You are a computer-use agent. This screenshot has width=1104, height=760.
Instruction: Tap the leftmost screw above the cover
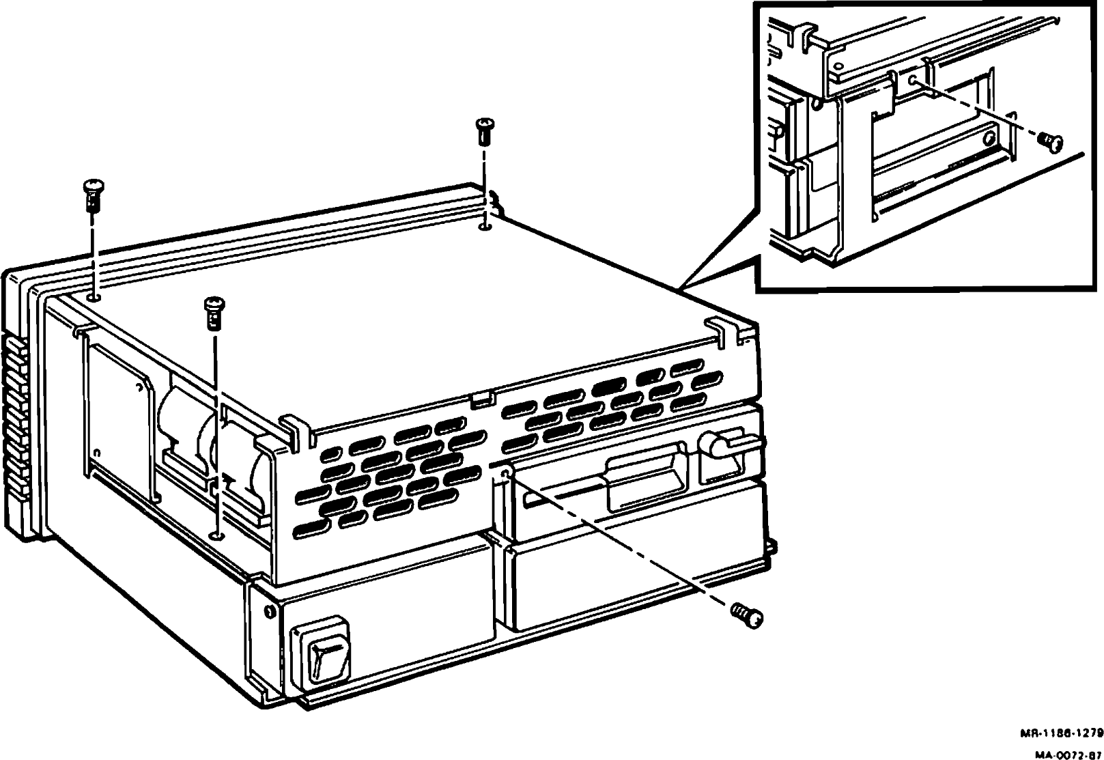point(92,194)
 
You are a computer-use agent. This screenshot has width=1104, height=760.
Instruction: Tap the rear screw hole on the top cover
point(484,225)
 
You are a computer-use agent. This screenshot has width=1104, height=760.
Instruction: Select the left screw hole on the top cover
point(94,297)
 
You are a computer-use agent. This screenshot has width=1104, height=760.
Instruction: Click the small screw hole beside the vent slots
point(506,473)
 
